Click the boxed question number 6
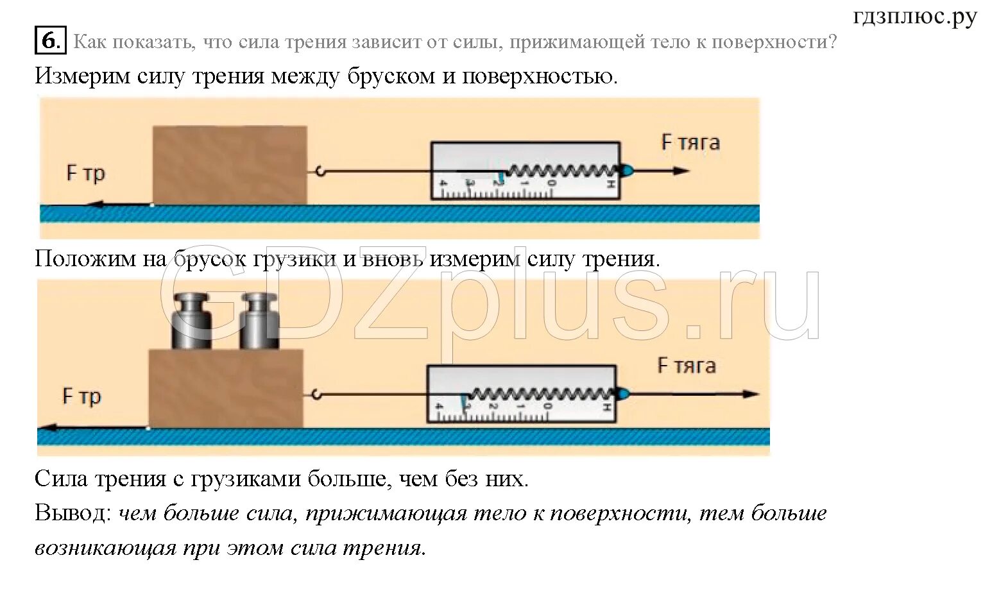50,41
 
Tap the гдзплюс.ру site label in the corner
914,17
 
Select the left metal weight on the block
191,321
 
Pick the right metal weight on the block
259,321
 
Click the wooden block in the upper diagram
229,165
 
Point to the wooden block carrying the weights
225,388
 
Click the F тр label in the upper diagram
85,173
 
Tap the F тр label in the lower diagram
81,396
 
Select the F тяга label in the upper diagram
690,142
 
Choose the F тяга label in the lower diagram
687,366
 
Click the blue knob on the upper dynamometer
626,171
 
